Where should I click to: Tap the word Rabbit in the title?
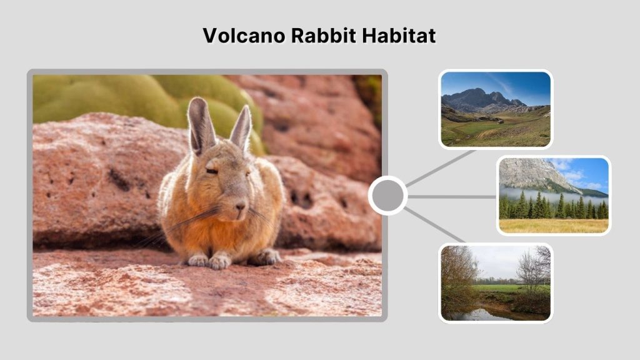319,36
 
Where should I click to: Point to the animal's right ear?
241,127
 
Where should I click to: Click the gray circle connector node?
387,196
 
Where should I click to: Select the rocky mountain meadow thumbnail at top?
495,109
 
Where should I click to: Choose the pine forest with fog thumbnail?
553,196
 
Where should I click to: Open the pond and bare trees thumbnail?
495,283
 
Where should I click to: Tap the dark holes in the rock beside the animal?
301,198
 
